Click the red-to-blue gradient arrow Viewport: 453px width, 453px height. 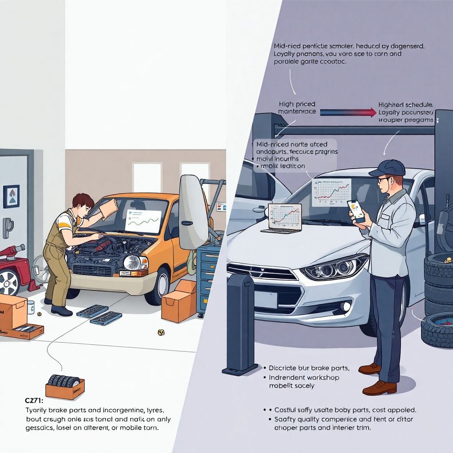pos(347,112)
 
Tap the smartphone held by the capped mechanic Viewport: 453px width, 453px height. pos(357,211)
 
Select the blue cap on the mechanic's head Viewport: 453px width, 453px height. pos(388,168)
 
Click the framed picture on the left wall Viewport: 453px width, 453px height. pos(11,196)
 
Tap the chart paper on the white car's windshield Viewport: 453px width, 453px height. pos(331,192)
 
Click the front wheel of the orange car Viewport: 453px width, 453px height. pos(161,287)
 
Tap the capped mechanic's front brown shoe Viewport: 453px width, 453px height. pos(379,388)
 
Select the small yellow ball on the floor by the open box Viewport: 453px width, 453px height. pos(161,332)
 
